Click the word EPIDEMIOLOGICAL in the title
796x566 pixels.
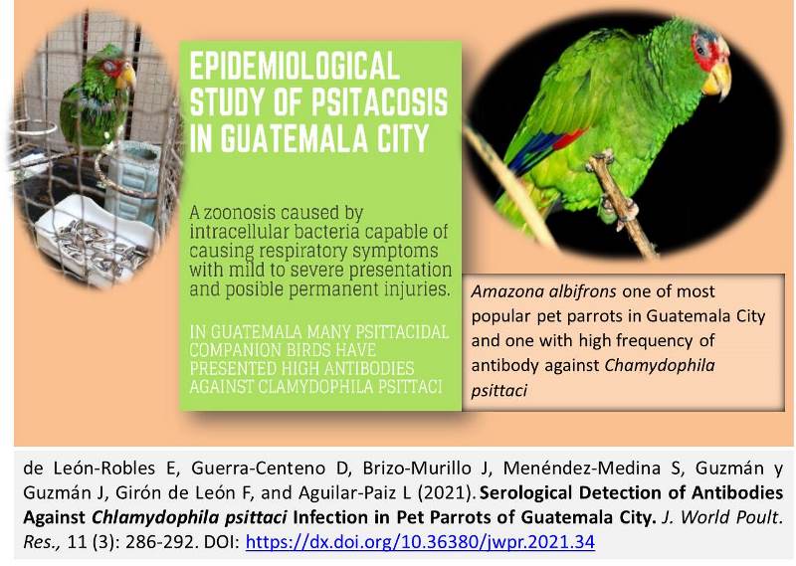295,66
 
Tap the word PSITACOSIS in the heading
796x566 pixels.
379,101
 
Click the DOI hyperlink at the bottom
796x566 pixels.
420,542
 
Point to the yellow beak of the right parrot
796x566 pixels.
717,78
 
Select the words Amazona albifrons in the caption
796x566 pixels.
543,291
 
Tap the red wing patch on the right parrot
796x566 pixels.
567,138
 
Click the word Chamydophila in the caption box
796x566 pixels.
660,365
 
